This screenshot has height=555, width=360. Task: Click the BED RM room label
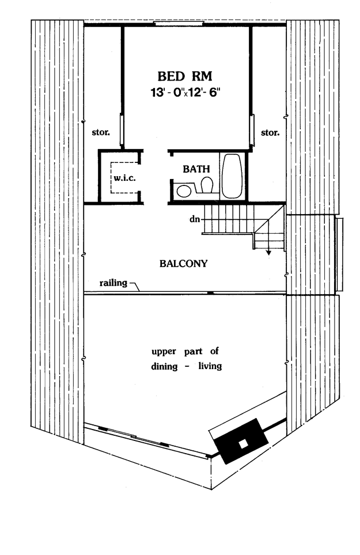pos(185,76)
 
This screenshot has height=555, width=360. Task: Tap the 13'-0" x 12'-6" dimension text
pos(185,92)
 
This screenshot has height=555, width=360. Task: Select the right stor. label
pos(270,132)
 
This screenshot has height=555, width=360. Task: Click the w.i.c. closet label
pos(124,178)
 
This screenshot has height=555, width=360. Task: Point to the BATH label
pos(196,169)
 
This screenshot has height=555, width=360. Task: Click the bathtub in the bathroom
pos(232,176)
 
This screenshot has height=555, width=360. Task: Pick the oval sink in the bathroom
pos(184,192)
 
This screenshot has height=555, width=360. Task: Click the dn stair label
pos(195,219)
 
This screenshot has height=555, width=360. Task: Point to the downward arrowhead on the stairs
pos(268,252)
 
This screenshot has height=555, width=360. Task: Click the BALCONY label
pos(183,264)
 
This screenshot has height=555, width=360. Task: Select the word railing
pos(113,283)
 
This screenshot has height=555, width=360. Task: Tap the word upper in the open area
pos(164,352)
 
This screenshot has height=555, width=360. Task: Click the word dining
pos(165,366)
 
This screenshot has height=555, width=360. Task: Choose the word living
pos(210,366)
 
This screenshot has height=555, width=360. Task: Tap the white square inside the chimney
pos(243,444)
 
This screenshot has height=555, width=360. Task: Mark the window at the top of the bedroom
pos(179,24)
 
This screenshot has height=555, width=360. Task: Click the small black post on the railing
pos(211,293)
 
